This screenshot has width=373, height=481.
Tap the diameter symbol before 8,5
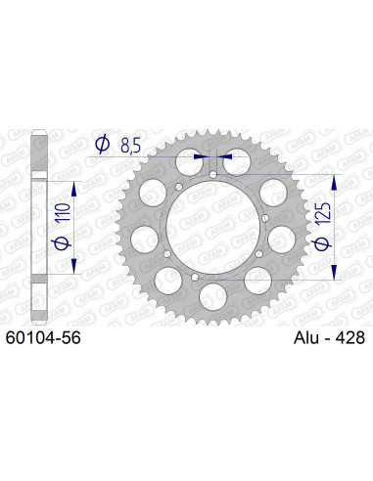[x=102, y=146]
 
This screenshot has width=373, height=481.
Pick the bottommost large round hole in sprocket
[x=213, y=297]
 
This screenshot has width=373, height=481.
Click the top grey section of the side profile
[x=38, y=152]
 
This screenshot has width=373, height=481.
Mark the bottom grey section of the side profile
[x=38, y=299]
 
